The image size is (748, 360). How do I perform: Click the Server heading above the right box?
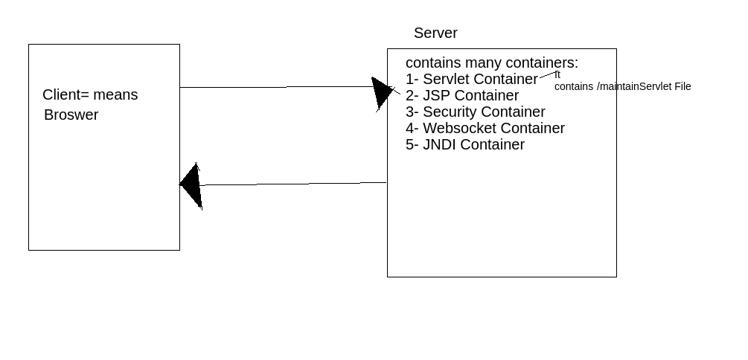pyautogui.click(x=435, y=33)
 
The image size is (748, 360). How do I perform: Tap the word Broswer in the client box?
pyautogui.click(x=71, y=115)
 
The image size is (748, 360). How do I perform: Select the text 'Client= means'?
pyautogui.click(x=90, y=95)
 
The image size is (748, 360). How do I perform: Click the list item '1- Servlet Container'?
pyautogui.click(x=471, y=80)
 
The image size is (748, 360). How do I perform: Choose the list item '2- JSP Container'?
pyautogui.click(x=461, y=96)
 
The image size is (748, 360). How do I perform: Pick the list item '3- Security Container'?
pyautogui.click(x=475, y=112)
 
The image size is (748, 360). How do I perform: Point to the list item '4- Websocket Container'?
pyautogui.click(x=485, y=129)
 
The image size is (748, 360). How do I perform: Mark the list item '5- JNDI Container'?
pyautogui.click(x=464, y=145)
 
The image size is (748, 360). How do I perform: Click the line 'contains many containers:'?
pyautogui.click(x=491, y=63)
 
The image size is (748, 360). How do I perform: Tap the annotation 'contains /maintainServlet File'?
pyautogui.click(x=622, y=87)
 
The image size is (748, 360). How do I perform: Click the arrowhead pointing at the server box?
pyautogui.click(x=381, y=92)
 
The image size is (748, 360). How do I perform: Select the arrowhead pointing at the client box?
pyautogui.click(x=192, y=185)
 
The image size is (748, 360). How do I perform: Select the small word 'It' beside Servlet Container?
pyautogui.click(x=557, y=74)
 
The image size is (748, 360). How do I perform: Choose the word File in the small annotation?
pyautogui.click(x=683, y=87)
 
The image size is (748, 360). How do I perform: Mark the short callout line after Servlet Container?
pyautogui.click(x=547, y=74)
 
